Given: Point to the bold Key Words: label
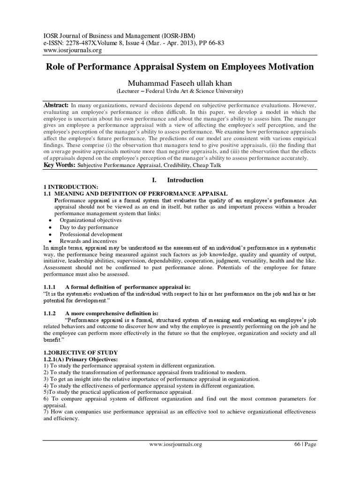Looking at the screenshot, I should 60,165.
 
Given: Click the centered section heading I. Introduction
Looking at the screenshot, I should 180,180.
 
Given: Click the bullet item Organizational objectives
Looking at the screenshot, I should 90,220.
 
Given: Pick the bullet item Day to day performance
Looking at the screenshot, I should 89,227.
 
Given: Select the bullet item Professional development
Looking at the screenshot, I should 90,234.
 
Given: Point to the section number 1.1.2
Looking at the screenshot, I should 50,314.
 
